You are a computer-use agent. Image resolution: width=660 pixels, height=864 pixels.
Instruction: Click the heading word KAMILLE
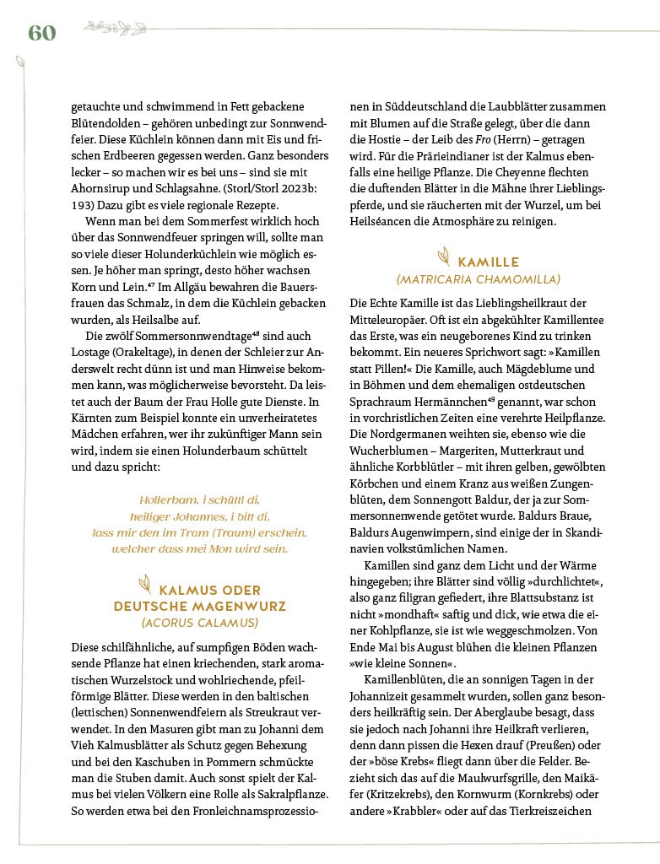(489, 262)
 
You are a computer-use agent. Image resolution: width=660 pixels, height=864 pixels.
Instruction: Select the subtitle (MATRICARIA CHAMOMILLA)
(479, 279)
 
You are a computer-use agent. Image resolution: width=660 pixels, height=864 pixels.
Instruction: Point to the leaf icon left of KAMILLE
(441, 257)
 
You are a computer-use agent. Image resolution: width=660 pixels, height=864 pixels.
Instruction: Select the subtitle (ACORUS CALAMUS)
(200, 623)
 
